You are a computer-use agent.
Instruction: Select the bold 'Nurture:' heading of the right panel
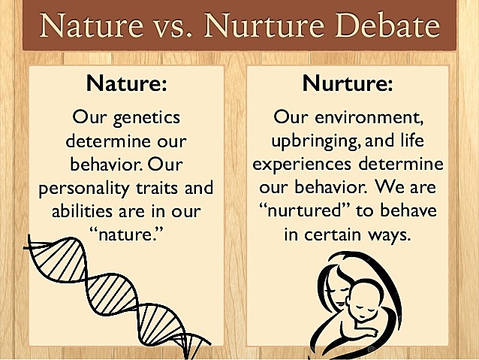[347, 83]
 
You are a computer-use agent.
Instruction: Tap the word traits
[161, 187]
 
